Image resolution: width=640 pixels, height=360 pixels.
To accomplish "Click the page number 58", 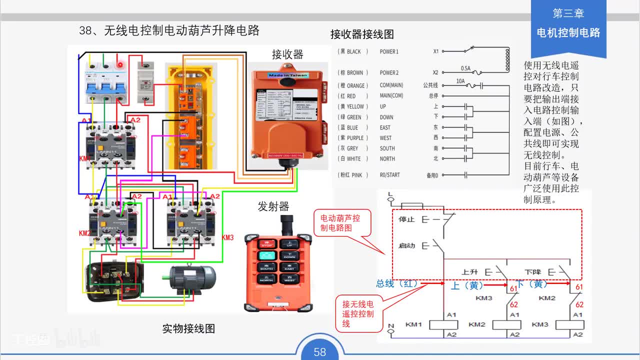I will [320, 352].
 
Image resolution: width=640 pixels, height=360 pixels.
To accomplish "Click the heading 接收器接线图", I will [362, 34].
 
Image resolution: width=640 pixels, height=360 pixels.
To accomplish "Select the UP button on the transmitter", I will [289, 244].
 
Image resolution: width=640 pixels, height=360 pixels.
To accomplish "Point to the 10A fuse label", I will [460, 80].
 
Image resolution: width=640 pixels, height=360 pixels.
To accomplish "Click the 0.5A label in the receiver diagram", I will [465, 68].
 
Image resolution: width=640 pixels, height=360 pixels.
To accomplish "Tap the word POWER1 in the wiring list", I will [389, 51].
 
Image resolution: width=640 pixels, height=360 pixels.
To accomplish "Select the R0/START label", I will [389, 175].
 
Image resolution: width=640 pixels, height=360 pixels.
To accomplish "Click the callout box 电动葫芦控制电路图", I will [340, 222].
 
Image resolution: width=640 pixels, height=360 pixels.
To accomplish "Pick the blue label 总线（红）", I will [398, 283].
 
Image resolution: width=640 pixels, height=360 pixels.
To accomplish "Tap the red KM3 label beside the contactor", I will [227, 237].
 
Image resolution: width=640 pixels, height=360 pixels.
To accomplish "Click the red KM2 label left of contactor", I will [84, 233].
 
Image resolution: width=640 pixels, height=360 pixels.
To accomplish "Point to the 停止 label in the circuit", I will [406, 219].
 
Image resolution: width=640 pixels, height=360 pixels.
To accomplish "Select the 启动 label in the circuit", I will [406, 246].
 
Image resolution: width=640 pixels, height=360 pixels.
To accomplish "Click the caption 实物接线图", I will [188, 328].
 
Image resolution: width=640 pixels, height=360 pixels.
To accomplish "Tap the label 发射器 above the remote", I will [273, 206].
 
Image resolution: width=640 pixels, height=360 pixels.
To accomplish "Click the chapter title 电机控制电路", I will [568, 33].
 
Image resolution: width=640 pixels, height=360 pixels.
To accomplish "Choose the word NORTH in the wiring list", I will [387, 158].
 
